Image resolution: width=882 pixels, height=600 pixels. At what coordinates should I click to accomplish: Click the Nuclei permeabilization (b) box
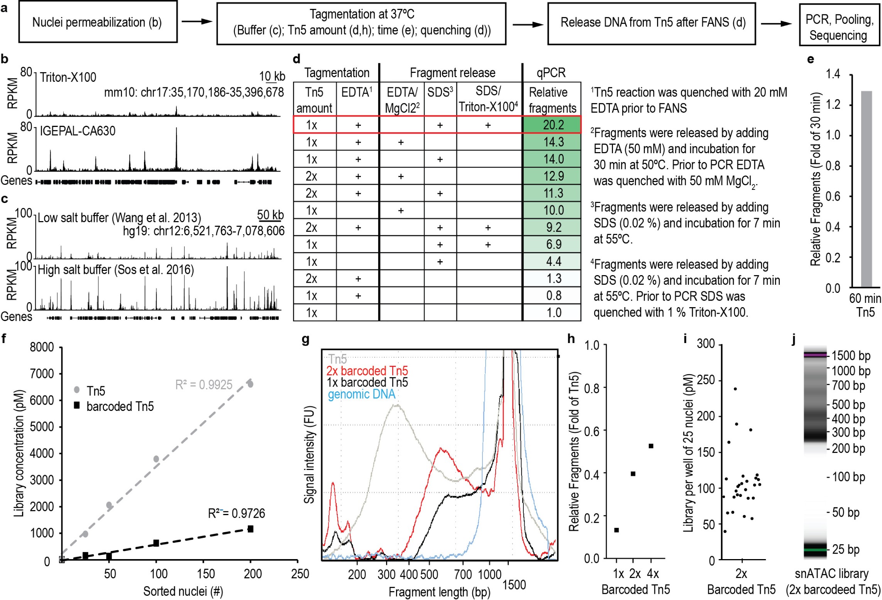(x=97, y=22)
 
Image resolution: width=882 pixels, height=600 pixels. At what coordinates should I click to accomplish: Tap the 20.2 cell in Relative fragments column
(x=553, y=125)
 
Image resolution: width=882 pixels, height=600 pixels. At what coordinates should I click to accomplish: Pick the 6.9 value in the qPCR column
(x=553, y=244)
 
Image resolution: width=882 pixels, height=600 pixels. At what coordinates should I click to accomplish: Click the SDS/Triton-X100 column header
(x=488, y=98)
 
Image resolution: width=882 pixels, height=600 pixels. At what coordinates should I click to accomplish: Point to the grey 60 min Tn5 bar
(x=866, y=189)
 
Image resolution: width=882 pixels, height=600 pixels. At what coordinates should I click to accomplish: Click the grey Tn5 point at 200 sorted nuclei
(x=250, y=384)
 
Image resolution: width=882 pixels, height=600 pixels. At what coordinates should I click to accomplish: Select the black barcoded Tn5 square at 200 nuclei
(x=250, y=529)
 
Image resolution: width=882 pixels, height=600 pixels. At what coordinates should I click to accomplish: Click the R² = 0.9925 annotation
(x=204, y=385)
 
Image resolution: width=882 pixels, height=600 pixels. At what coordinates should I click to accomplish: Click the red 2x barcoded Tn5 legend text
(x=367, y=371)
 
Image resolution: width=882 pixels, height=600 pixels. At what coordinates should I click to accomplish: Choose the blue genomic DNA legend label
(x=362, y=394)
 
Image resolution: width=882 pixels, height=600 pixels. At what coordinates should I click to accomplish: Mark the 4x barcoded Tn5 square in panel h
(x=651, y=446)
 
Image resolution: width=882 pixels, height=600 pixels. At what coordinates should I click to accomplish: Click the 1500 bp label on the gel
(x=851, y=355)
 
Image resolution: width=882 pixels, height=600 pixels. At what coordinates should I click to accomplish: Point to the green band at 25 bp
(x=815, y=549)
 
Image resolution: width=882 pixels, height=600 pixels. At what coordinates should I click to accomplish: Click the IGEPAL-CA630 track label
(x=78, y=131)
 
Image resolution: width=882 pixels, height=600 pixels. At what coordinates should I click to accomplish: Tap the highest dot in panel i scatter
(x=735, y=389)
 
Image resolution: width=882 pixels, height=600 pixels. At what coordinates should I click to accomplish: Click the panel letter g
(x=305, y=340)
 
